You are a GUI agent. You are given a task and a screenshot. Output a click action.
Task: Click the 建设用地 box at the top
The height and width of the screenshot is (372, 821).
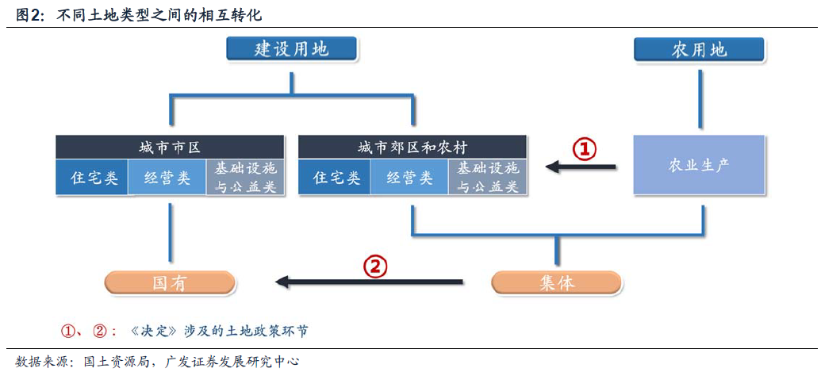[291, 49]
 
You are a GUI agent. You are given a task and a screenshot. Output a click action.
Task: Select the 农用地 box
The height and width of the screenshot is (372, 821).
[699, 49]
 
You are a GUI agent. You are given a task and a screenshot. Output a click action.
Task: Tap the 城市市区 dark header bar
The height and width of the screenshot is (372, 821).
[171, 148]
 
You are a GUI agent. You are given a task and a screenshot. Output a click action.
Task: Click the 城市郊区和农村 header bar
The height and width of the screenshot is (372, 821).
[412, 148]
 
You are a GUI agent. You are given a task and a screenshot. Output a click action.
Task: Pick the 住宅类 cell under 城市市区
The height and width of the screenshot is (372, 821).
[92, 178]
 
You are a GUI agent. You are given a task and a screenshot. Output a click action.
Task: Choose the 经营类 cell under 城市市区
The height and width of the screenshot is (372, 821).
[167, 178]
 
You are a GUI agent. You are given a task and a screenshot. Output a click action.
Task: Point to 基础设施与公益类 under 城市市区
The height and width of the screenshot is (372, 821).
[245, 178]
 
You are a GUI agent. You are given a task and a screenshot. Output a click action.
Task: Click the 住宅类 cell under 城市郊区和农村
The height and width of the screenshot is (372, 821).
[334, 178]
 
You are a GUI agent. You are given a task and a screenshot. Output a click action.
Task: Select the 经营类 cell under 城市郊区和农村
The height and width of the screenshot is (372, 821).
[409, 178]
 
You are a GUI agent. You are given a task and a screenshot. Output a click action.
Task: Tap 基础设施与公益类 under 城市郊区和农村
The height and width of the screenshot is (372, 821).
[488, 178]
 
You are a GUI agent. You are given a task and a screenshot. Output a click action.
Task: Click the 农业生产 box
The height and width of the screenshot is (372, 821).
[699, 165]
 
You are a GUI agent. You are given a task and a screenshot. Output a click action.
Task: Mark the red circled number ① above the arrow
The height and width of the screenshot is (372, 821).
[585, 149]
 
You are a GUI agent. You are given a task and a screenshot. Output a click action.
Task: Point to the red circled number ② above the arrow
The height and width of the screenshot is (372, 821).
[375, 267]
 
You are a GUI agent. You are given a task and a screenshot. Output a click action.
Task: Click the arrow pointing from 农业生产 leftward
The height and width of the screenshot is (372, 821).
[581, 167]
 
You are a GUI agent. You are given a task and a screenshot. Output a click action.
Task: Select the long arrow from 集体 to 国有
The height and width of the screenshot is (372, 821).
[369, 282]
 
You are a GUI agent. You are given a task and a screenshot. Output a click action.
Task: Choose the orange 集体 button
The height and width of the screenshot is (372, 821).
[557, 283]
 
